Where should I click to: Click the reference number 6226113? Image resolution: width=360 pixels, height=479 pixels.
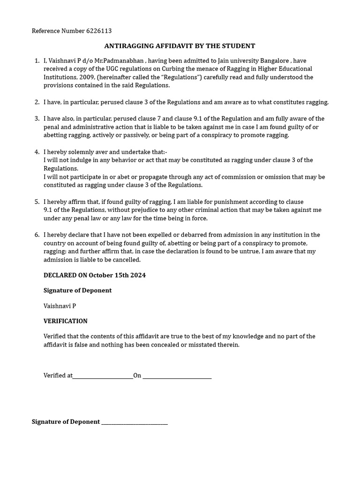pos(99,31)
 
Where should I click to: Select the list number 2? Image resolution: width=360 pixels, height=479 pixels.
pos(37,102)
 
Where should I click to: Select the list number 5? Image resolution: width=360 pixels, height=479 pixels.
pos(37,202)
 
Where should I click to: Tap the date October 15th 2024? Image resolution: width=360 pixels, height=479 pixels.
pos(117,275)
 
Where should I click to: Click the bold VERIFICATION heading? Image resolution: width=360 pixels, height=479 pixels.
pos(66,321)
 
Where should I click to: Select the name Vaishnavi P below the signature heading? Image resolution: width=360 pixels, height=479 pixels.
pos(60,306)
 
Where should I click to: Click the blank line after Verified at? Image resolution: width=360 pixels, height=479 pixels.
pos(103,376)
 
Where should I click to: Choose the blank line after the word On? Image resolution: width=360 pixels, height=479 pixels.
pos(177,376)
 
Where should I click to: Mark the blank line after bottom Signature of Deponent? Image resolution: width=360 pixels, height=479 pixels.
pos(135,422)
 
